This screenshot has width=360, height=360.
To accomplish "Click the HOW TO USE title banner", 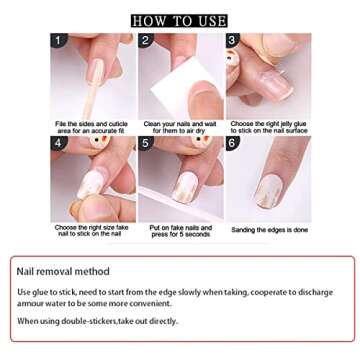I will coord(179,21).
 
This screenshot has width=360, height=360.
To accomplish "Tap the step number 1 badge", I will coord(58,41).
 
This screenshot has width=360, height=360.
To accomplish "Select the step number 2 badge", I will coord(146,41).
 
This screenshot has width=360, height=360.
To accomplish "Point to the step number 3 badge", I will coord(233,41).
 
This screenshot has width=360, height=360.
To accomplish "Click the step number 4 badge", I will coord(58,143).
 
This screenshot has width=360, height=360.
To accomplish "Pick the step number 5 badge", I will coord(146,143).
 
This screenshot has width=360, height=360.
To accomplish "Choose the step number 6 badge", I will coord(233,143).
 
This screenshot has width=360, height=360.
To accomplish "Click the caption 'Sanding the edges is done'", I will coord(269,229).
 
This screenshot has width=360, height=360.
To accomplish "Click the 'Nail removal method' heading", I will coord(64,271).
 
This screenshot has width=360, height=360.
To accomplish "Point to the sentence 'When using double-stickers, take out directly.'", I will coord(98,321).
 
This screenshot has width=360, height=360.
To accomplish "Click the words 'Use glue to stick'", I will coord(46,291).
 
